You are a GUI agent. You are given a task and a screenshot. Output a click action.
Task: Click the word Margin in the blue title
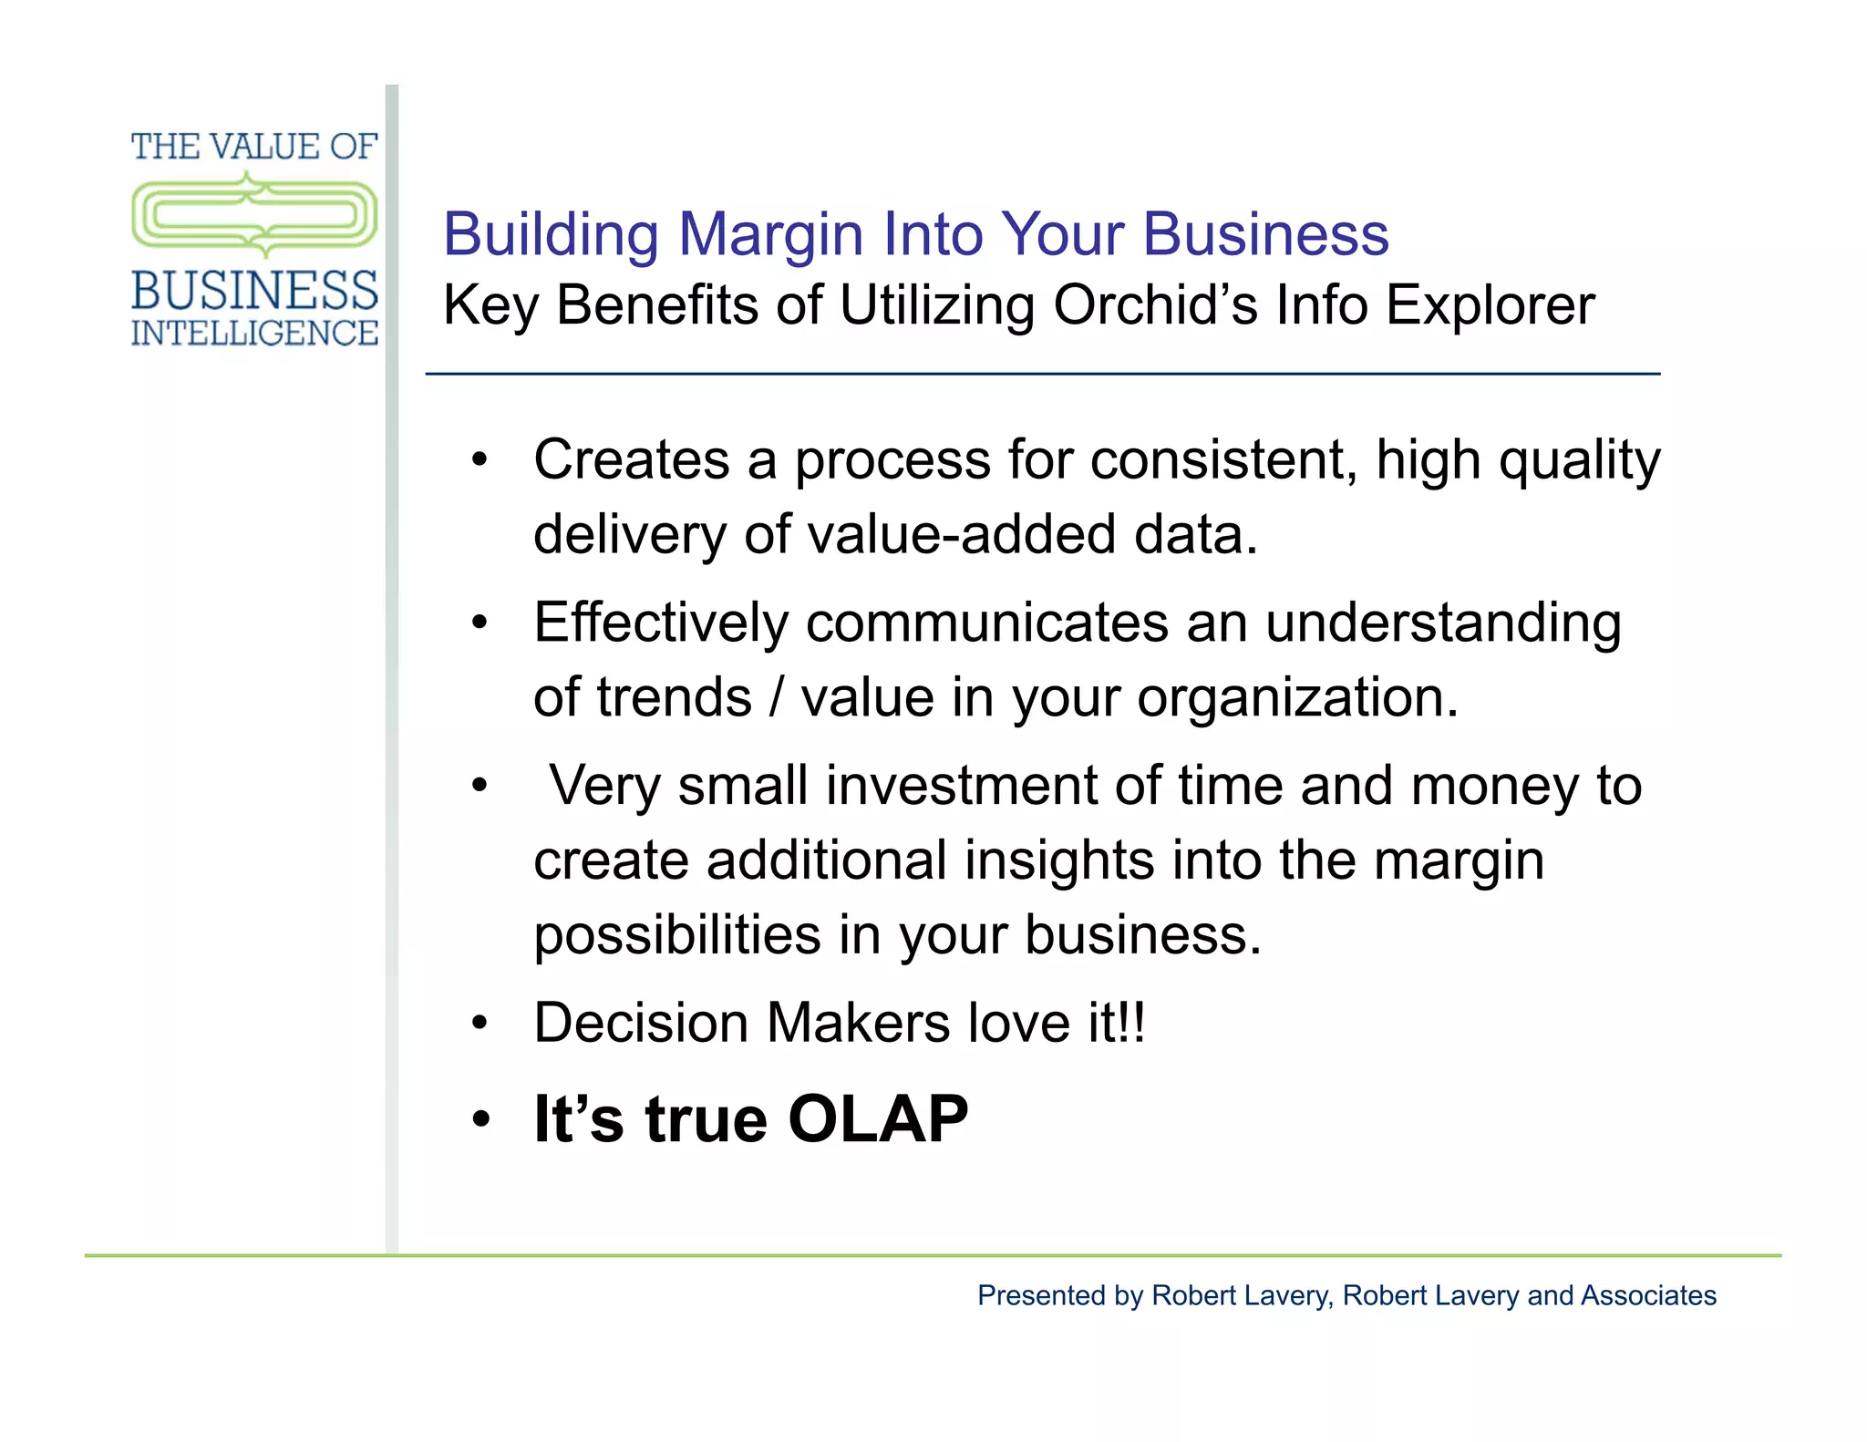pos(770,235)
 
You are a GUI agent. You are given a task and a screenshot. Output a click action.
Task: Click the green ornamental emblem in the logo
pos(254,215)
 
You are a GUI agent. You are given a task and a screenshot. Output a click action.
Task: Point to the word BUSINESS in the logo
pos(254,291)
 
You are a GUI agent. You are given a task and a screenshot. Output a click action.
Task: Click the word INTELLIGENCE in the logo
pos(254,334)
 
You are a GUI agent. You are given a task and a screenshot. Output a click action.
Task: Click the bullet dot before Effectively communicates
pos(480,623)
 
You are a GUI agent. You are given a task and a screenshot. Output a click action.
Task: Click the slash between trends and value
pos(776,697)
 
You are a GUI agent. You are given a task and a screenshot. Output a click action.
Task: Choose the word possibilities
pos(677,936)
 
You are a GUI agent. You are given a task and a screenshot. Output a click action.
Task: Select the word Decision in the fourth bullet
pos(641,1023)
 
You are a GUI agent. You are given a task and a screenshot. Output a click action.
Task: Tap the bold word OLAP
pos(878,1119)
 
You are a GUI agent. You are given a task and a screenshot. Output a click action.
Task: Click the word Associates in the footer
pos(1648,1295)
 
